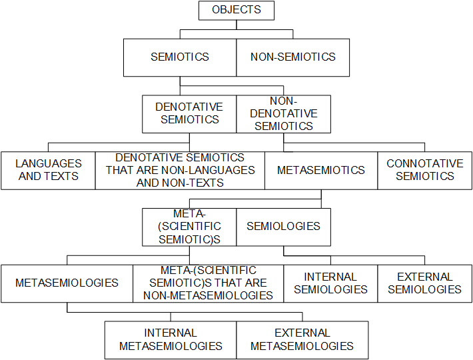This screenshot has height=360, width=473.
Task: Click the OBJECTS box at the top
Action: coord(236,10)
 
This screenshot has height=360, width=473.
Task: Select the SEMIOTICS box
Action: coord(180,57)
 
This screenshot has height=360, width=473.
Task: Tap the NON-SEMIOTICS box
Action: coord(293,57)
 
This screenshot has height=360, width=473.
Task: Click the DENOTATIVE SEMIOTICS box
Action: coord(189,113)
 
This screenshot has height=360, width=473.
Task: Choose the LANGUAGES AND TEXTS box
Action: coord(48,170)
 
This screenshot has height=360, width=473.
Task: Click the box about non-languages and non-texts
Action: coord(180,170)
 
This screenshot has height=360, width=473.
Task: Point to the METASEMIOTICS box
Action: coord(321,170)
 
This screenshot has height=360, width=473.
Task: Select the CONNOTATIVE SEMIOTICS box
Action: coord(425,170)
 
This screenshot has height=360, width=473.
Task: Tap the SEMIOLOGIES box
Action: coord(284,227)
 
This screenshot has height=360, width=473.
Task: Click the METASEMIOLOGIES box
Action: coord(67,283)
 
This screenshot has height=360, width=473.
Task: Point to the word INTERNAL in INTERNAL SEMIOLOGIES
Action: coord(330,277)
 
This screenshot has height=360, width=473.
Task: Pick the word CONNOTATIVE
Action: coord(425,163)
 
